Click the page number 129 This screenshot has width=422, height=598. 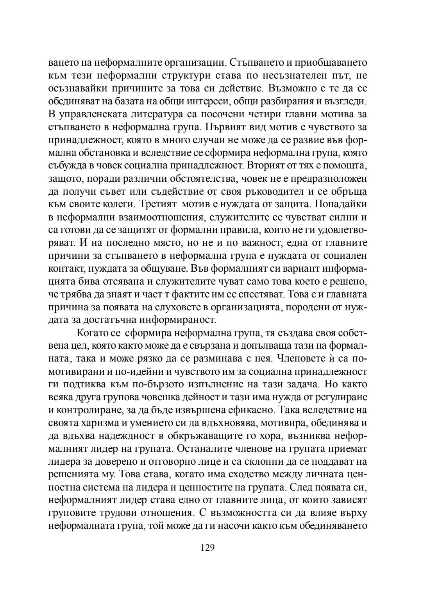pyautogui.click(x=207, y=547)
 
